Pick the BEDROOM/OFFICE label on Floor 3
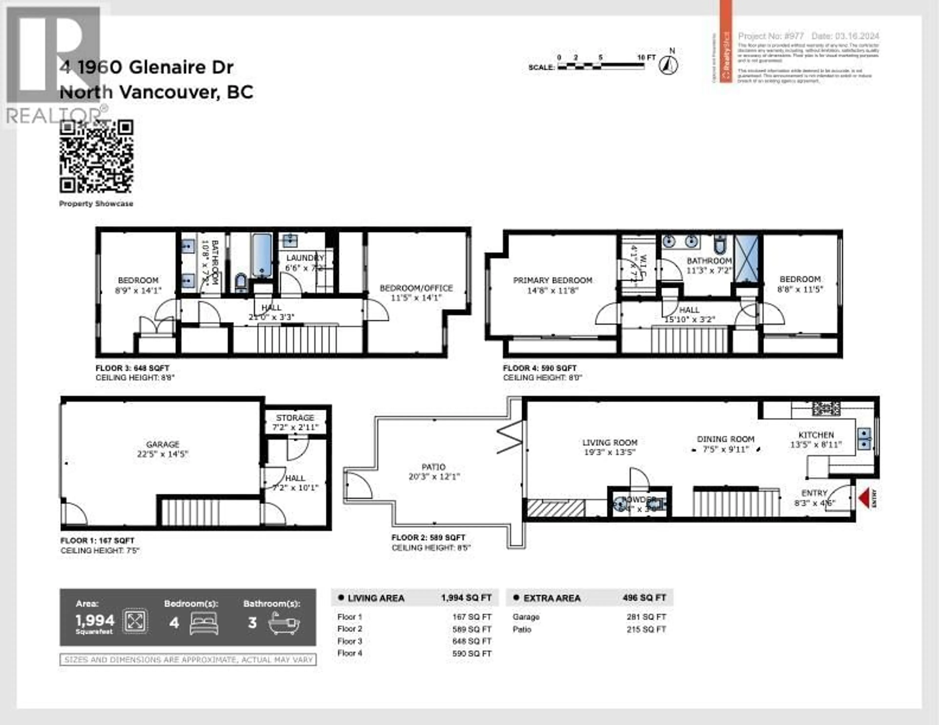pyautogui.click(x=416, y=288)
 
